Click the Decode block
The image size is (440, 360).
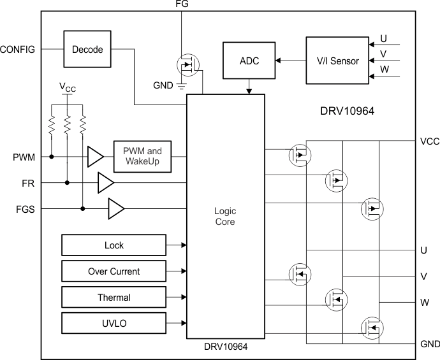coord(87,50)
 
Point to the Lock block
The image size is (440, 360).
coord(114,245)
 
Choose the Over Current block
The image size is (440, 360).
coord(114,271)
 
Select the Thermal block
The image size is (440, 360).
coord(114,298)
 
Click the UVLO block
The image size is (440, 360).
coord(114,323)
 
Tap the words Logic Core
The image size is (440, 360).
coord(225,216)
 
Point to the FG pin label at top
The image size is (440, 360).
coord(182,4)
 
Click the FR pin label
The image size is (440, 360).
coord(28,183)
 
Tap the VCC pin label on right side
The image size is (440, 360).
coord(429,141)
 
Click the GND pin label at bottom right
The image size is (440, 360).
coord(430,344)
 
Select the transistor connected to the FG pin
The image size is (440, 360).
coord(187,64)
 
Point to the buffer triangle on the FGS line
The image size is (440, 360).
coord(115,208)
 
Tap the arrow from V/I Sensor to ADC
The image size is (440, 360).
coord(289,61)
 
